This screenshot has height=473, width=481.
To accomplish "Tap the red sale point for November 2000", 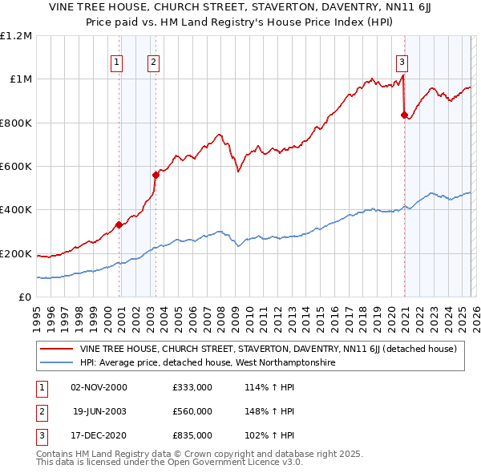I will pyautogui.click(x=119, y=224).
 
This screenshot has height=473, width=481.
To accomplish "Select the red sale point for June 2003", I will pyautogui.click(x=156, y=175).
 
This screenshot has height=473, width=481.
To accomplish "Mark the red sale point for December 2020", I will pyautogui.click(x=404, y=115).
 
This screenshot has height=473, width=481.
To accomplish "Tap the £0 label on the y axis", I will pyautogui.click(x=24, y=297).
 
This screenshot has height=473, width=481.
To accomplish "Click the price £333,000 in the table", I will pyautogui.click(x=192, y=387).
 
